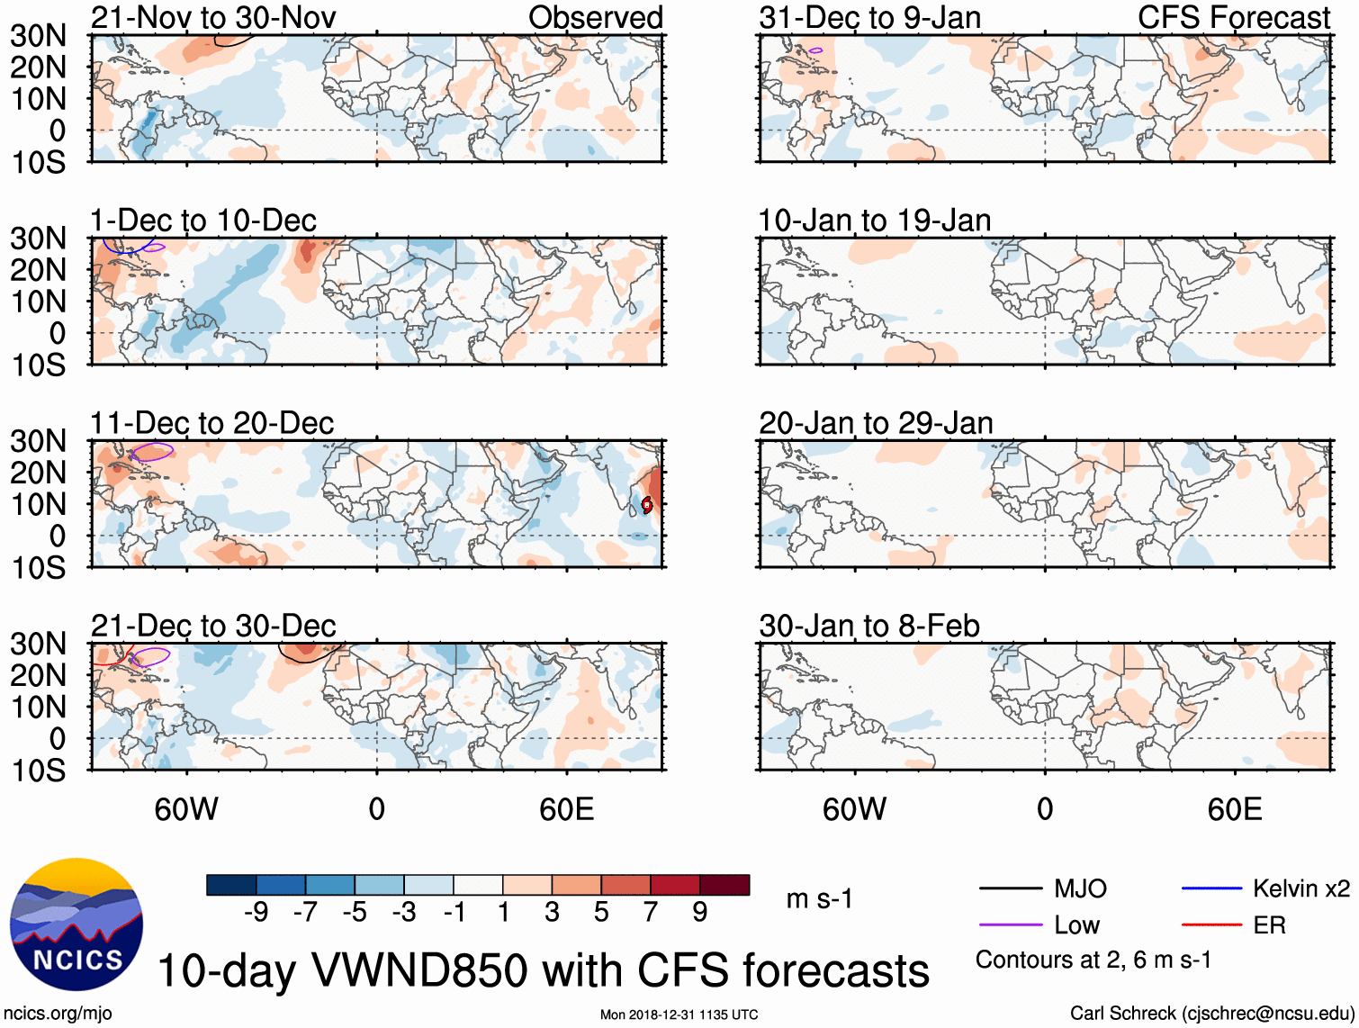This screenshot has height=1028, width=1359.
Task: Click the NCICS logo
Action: coord(76,924)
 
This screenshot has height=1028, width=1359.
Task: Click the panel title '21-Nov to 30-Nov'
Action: coord(213,17)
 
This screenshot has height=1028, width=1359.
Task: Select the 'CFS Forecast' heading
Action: coord(1234,17)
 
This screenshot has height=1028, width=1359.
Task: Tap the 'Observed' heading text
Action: coord(595,17)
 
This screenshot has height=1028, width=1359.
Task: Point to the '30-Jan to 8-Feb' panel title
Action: coord(869,626)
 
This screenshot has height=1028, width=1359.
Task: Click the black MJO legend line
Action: coord(1011,889)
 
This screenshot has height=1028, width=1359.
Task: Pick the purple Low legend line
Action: coord(1011,925)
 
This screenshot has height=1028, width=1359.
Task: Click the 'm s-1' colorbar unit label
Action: coord(819,898)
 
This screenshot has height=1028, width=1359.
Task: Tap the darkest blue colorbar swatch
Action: coord(231,885)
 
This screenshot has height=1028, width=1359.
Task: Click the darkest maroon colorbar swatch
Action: coord(724,885)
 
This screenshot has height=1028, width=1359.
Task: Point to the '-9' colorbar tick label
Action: coord(256,912)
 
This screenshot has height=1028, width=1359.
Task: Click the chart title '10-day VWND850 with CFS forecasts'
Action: coord(543,971)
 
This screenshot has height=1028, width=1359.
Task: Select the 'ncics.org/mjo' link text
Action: coord(58,1014)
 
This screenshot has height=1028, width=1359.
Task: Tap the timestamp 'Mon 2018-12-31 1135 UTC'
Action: coord(679,1014)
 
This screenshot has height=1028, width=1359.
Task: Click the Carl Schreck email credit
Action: coord(1211,1014)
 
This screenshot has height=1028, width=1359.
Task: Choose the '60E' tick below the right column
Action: coord(1235,809)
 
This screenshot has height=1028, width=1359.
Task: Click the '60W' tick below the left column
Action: coord(186,809)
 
